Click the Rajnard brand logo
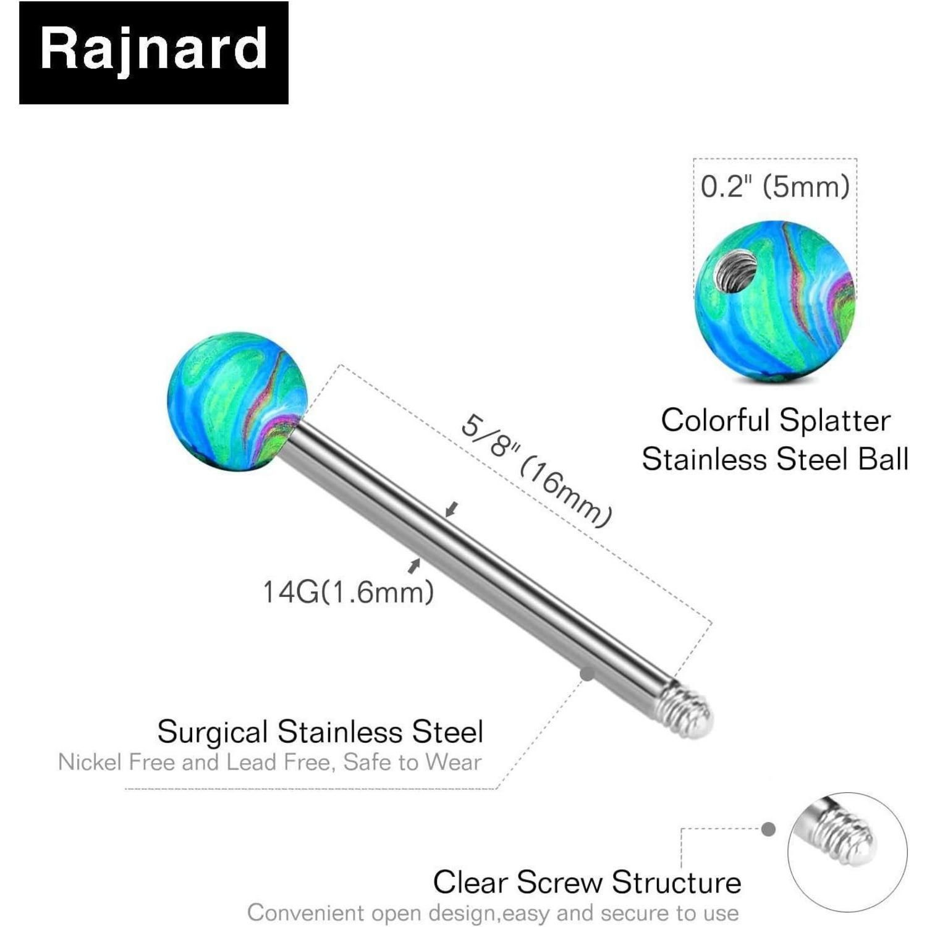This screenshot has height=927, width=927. pyautogui.click(x=154, y=53)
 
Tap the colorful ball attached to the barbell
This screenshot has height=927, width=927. pyautogui.click(x=237, y=402)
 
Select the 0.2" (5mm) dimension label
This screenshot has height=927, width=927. pyautogui.click(x=775, y=187)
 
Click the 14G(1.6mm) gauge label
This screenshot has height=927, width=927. pyautogui.click(x=349, y=591)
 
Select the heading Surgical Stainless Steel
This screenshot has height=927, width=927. pyautogui.click(x=320, y=732)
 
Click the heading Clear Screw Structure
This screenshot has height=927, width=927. pyautogui.click(x=586, y=882)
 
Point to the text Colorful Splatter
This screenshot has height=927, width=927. pyautogui.click(x=776, y=421)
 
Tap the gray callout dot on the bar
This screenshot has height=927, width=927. pyautogui.click(x=587, y=674)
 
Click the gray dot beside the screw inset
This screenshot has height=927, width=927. pyautogui.click(x=768, y=829)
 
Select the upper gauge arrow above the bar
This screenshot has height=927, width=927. pyautogui.click(x=452, y=509)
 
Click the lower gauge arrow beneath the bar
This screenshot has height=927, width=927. pyautogui.click(x=414, y=565)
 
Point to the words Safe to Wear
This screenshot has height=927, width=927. pyautogui.click(x=412, y=762)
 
